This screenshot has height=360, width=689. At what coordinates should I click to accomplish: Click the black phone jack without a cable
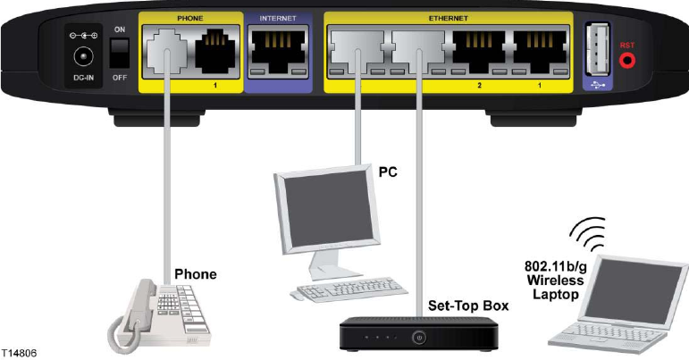217,49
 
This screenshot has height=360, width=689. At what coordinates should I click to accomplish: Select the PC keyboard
332,291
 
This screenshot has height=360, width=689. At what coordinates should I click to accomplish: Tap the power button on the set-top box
417,338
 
